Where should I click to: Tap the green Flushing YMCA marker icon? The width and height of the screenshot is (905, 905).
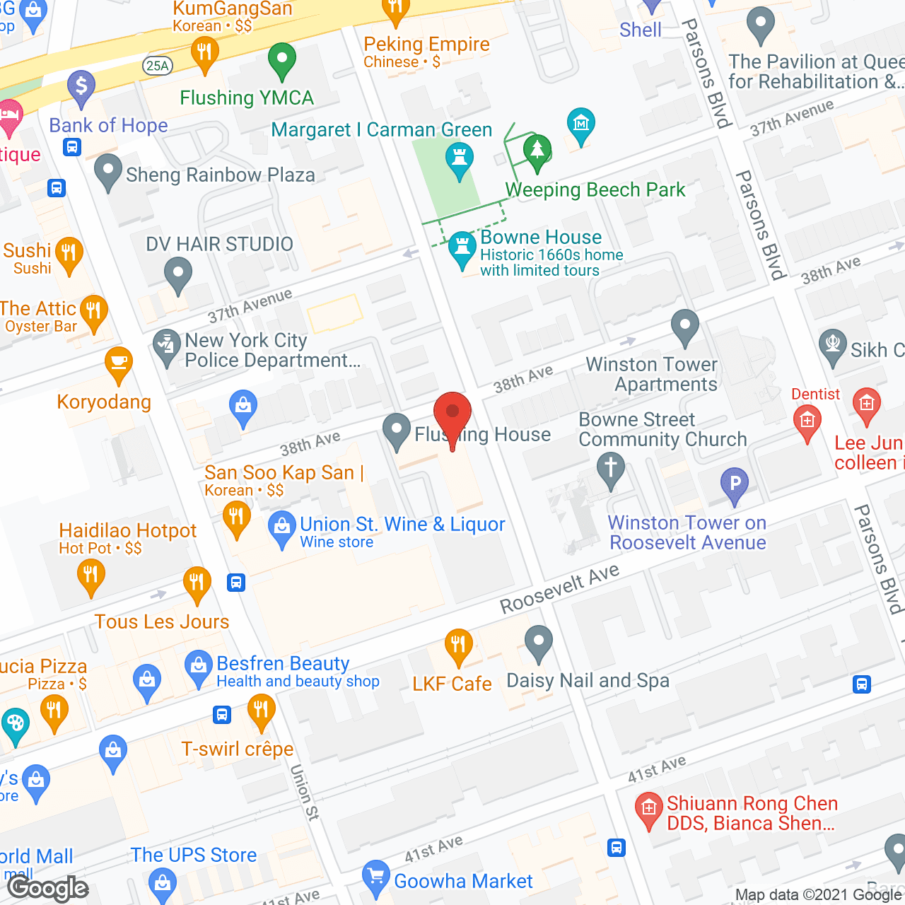[281, 60]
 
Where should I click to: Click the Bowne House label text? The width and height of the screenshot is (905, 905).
[541, 238]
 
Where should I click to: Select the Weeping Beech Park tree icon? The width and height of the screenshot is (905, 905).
[537, 151]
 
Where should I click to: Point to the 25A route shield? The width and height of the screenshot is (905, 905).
[157, 66]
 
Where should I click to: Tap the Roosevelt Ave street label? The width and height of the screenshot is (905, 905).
[559, 589]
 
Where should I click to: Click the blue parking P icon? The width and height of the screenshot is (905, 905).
[735, 484]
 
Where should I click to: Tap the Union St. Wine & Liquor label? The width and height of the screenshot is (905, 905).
[402, 525]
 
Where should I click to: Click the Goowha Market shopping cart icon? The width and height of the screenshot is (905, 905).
[375, 877]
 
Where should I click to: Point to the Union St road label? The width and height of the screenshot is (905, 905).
[304, 792]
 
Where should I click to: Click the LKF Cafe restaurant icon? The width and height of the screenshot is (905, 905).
[458, 645]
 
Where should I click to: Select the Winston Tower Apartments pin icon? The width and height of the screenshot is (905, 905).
[684, 327]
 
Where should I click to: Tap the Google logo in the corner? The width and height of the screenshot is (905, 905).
[48, 888]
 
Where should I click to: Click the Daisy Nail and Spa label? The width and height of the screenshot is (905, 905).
[588, 681]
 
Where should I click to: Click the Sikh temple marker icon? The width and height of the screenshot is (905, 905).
[833, 346]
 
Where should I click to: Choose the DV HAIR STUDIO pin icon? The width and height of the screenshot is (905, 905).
[177, 274]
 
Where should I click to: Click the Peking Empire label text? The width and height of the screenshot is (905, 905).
[426, 45]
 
